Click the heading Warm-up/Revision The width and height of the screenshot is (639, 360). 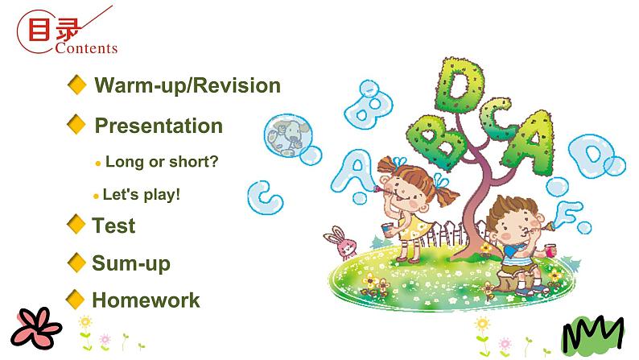(188, 85)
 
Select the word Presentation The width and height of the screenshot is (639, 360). (159, 126)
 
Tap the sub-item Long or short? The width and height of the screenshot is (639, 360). (162, 161)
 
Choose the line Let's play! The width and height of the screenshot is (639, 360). (142, 195)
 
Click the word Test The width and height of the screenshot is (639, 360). (113, 226)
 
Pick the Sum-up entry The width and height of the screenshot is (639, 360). (131, 263)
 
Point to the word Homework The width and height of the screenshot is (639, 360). (146, 300)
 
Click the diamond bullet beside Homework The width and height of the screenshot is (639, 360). (76, 300)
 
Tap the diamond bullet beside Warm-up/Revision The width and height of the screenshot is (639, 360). (77, 85)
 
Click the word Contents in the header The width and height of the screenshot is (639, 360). (87, 48)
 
